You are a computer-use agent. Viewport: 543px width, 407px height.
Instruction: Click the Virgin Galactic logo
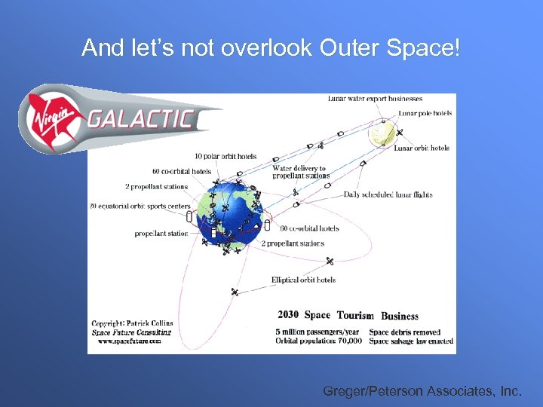pos(113,119)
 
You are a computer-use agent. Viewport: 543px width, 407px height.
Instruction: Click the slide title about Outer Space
pos(270,48)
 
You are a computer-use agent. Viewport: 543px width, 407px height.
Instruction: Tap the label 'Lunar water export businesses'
pos(375,98)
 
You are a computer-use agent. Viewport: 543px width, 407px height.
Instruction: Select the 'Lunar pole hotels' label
pos(425,113)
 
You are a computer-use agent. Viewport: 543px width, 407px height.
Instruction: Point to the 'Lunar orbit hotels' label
pos(422,148)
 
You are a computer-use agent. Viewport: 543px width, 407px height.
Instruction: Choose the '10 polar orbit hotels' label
pos(225,157)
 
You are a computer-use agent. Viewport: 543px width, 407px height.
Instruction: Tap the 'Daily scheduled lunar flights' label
pos(388,194)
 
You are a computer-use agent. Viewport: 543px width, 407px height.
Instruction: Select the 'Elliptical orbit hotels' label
pos(303,280)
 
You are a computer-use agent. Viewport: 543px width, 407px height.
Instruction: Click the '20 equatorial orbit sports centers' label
pos(140,206)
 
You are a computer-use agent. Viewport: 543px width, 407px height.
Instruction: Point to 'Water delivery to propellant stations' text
pos(301,172)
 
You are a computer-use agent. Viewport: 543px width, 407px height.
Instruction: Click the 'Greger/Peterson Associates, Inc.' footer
pos(422,390)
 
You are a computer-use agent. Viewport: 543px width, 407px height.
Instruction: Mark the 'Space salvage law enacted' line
pos(411,341)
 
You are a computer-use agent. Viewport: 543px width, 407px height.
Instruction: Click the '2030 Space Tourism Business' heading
pos(348,315)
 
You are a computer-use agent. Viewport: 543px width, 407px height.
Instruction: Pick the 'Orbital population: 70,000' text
pos(319,341)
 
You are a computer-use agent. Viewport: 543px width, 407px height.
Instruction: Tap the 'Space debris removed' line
pos(405,332)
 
